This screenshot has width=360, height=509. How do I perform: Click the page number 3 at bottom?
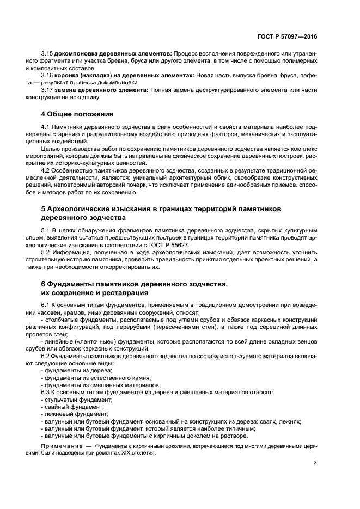pos(315,463)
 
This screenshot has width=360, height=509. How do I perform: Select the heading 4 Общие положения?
pos(77,114)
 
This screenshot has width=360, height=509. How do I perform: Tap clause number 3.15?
pos(47,53)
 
